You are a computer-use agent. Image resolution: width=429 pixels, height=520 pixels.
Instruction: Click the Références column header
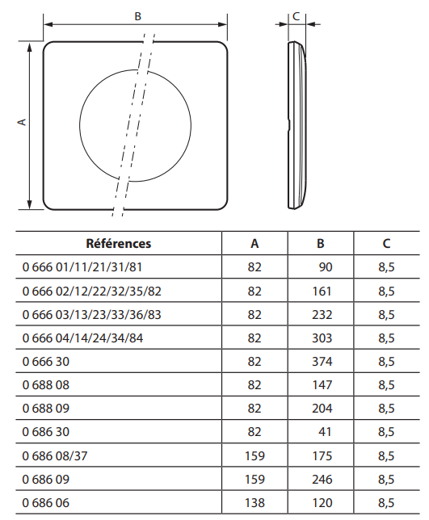[119, 243]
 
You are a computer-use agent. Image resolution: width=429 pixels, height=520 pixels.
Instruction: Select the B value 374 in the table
[322, 361]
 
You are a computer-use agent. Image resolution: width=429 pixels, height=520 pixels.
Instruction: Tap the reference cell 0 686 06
[46, 503]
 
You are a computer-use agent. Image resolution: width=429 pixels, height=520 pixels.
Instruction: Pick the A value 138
[254, 503]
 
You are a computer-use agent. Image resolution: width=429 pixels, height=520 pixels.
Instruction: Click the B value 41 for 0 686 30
[325, 431]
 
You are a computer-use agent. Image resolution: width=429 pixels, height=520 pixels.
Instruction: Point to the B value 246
[322, 479]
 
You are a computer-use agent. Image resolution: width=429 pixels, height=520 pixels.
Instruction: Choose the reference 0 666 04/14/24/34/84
[82, 338]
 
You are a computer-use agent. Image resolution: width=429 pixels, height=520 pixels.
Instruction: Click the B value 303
[322, 338]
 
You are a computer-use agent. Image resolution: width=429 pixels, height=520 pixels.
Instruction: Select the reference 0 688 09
[46, 409]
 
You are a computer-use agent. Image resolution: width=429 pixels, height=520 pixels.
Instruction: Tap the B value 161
[322, 291]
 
